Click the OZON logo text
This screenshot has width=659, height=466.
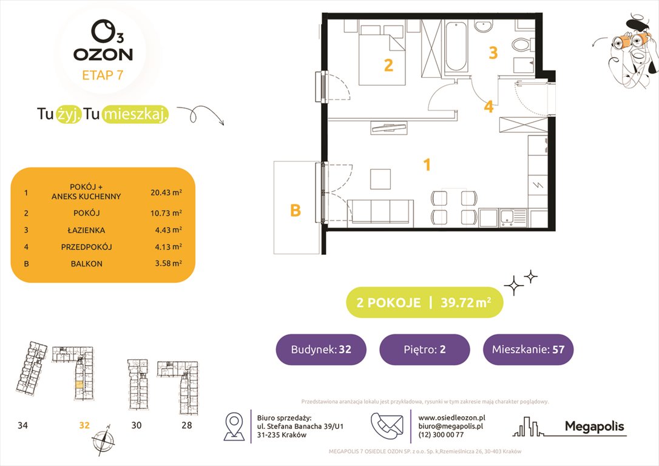point(103,54)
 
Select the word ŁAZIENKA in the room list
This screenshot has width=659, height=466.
point(86,230)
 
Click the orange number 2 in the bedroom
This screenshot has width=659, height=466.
point(388,65)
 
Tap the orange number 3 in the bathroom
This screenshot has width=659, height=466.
point(493,53)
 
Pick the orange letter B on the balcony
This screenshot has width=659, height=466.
point(296,211)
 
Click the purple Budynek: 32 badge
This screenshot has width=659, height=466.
point(321,349)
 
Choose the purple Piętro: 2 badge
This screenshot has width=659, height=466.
point(424,349)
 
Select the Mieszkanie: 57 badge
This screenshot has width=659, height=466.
point(528,349)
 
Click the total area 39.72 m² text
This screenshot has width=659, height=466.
point(467,302)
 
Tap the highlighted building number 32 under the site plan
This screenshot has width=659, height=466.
point(84,425)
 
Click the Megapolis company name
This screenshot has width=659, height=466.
point(594,427)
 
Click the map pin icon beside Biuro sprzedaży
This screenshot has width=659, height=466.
point(234,426)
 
